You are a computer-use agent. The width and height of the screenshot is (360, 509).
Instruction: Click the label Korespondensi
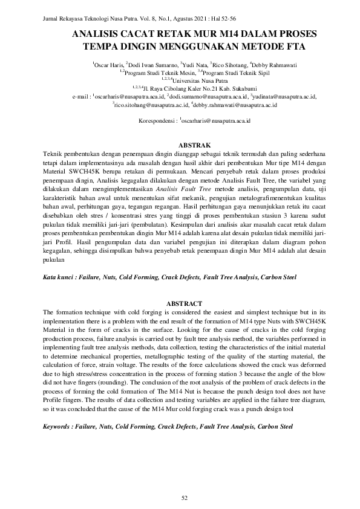[x=157, y=122]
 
